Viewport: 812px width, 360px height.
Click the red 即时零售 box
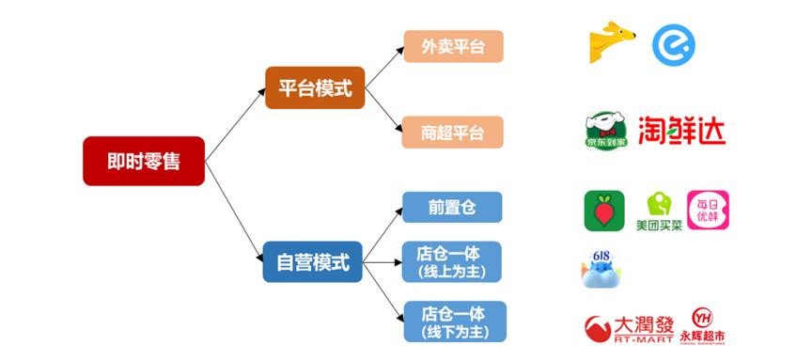pos(143,161)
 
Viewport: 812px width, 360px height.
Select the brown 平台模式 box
pos(315,88)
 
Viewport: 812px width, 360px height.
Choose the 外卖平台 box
pos(453,46)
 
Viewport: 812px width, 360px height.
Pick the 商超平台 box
pos(453,132)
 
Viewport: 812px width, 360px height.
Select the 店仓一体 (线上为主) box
pos(453,262)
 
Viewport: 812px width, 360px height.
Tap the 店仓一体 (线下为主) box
pos(453,321)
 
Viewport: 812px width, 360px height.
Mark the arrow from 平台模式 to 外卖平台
pos(384,67)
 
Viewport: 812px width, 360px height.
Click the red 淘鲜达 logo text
pos(681,130)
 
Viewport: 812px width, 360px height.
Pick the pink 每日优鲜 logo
pos(708,211)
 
